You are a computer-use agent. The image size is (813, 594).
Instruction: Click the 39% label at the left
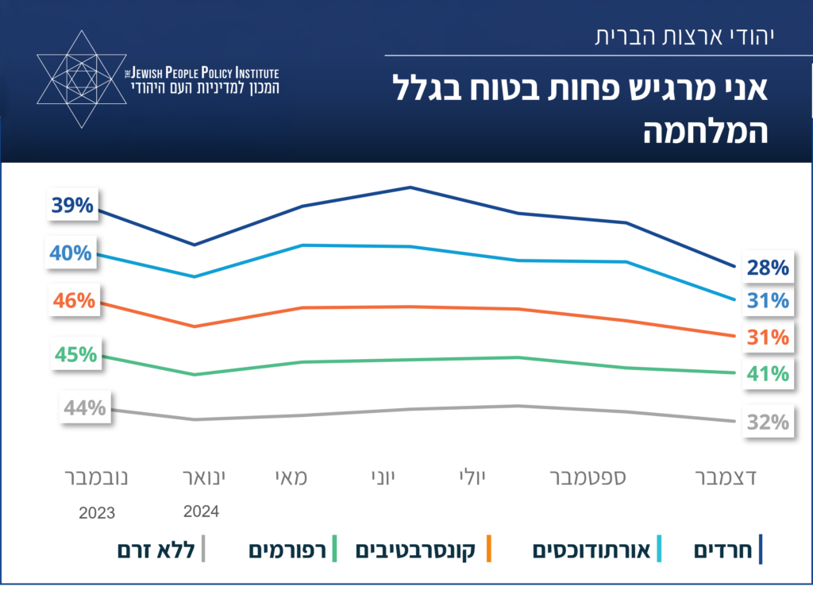pyautogui.click(x=72, y=206)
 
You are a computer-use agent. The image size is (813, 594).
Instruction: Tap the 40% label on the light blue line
pyautogui.click(x=72, y=253)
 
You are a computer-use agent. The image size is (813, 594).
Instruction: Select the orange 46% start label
pyautogui.click(x=74, y=301)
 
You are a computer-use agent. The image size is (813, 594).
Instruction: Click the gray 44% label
pyautogui.click(x=85, y=408)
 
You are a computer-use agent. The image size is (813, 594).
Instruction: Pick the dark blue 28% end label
pyautogui.click(x=767, y=268)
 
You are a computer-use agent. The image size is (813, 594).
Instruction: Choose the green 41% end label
pyautogui.click(x=767, y=373)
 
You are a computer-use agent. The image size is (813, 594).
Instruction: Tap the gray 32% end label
pyautogui.click(x=767, y=422)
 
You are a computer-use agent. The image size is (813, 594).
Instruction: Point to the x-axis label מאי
pyautogui.click(x=291, y=478)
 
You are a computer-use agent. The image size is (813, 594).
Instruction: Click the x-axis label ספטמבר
pyautogui.click(x=588, y=478)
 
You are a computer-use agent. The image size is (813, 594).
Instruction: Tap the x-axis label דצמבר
pyautogui.click(x=726, y=478)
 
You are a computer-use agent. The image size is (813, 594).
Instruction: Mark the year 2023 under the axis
pyautogui.click(x=97, y=513)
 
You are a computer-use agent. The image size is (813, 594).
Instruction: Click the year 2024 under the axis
pyautogui.click(x=202, y=511)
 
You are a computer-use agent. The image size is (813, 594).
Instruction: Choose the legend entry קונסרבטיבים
pyautogui.click(x=415, y=550)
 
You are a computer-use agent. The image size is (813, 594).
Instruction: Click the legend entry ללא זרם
pyautogui.click(x=156, y=550)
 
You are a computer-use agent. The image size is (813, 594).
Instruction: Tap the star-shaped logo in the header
pyautogui.click(x=82, y=79)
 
